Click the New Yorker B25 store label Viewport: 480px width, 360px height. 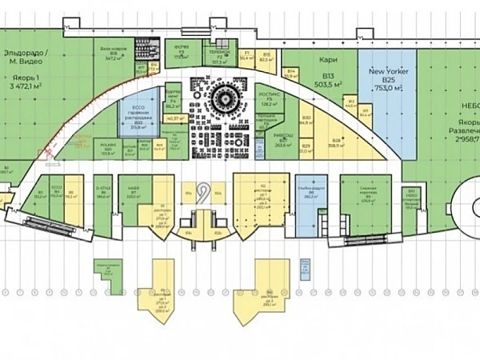point(388,76)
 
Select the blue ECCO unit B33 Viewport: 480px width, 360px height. point(138,116)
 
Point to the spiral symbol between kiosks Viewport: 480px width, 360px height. point(204,193)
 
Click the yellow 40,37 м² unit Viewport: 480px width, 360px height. point(172,119)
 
